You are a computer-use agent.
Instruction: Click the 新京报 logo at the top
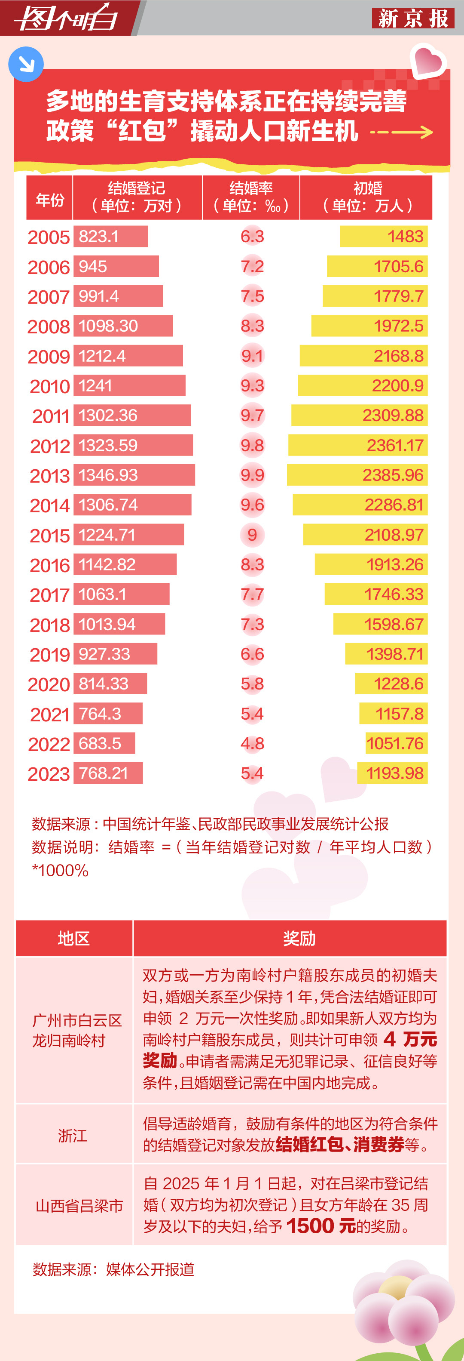[x=413, y=18]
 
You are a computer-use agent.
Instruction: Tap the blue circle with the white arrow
[x=25, y=65]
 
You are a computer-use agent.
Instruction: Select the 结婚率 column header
[x=251, y=197]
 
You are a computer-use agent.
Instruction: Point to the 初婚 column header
[x=367, y=197]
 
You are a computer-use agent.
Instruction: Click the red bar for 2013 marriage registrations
[x=134, y=475]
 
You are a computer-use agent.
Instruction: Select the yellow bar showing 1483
[x=383, y=236]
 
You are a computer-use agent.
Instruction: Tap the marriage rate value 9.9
[x=252, y=475]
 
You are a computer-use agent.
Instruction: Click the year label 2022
[x=49, y=744]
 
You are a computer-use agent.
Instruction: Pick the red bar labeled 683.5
[x=104, y=743]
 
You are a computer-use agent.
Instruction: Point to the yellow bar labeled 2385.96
[x=357, y=475]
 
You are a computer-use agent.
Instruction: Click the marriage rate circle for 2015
[x=252, y=535]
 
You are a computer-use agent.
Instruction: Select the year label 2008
[x=49, y=326]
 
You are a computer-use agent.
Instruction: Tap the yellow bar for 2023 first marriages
[x=392, y=773]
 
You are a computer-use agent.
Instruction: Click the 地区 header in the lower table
[x=73, y=938]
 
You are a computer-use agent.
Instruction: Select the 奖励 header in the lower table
[x=299, y=938]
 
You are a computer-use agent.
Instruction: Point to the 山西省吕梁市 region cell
[x=79, y=1206]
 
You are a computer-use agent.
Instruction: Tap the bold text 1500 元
[x=321, y=1226]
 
